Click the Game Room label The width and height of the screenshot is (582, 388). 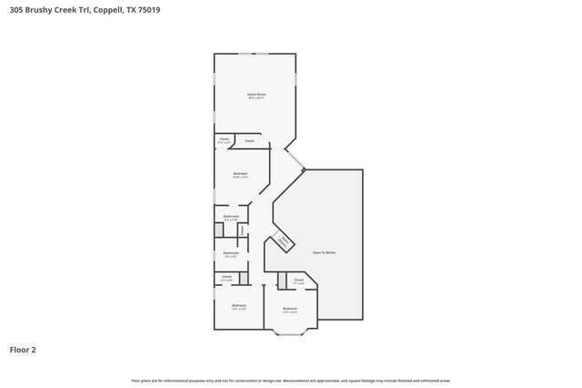(256, 95)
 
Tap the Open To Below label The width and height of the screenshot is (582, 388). (324, 251)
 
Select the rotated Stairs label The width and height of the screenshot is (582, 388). (284, 241)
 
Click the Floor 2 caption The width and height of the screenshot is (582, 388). (23, 349)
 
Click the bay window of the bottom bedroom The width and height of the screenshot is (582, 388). (290, 333)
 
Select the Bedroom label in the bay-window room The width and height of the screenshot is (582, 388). (290, 309)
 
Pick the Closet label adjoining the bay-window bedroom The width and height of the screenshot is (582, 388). (298, 281)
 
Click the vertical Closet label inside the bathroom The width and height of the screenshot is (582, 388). (241, 230)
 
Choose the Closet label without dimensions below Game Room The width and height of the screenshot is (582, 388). (249, 141)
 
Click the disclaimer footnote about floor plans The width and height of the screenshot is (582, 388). (290, 380)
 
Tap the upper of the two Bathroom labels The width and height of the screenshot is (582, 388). (231, 217)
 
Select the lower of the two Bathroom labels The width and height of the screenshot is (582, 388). (231, 253)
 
